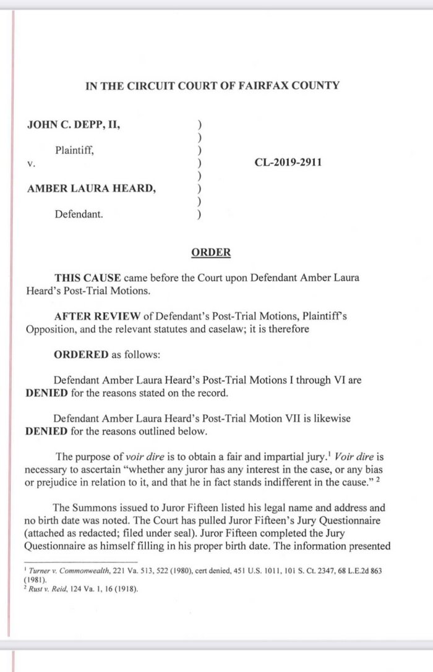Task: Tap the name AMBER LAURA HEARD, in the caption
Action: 91,189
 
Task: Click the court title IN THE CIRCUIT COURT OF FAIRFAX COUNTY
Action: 212,85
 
